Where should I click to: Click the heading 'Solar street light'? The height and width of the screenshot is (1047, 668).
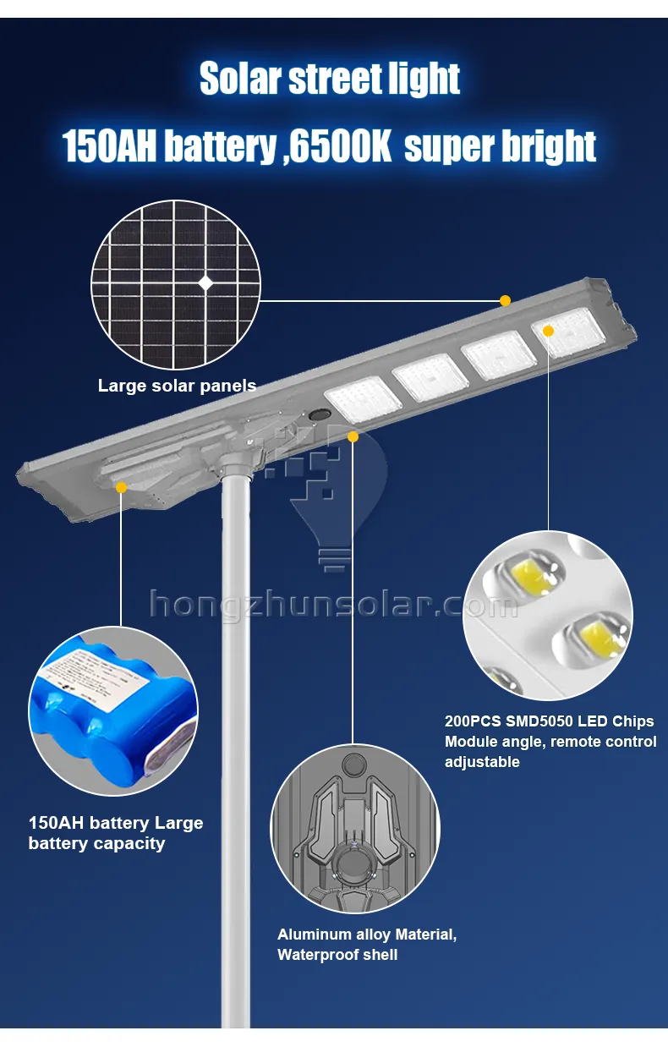click(330, 79)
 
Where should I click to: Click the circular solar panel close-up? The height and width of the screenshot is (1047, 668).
click(175, 284)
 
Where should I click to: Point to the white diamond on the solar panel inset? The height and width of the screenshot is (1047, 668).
click(205, 283)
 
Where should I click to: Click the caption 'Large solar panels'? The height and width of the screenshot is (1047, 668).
click(177, 386)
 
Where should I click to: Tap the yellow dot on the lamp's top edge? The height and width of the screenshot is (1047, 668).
click(505, 300)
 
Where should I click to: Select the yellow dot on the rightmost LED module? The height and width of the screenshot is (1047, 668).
click(548, 331)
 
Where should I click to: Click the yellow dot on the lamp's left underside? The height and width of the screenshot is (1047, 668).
click(121, 487)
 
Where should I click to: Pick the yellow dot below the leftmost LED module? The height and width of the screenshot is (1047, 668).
click(353, 436)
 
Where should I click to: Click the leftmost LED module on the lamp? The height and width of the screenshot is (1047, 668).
click(362, 397)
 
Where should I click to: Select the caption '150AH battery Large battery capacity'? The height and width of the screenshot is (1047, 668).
click(116, 833)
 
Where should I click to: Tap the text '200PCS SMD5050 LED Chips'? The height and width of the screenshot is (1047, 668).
click(550, 721)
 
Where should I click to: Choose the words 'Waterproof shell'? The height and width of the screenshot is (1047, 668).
click(337, 955)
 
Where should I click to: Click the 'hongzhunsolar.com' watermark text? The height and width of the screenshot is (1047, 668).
click(333, 604)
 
